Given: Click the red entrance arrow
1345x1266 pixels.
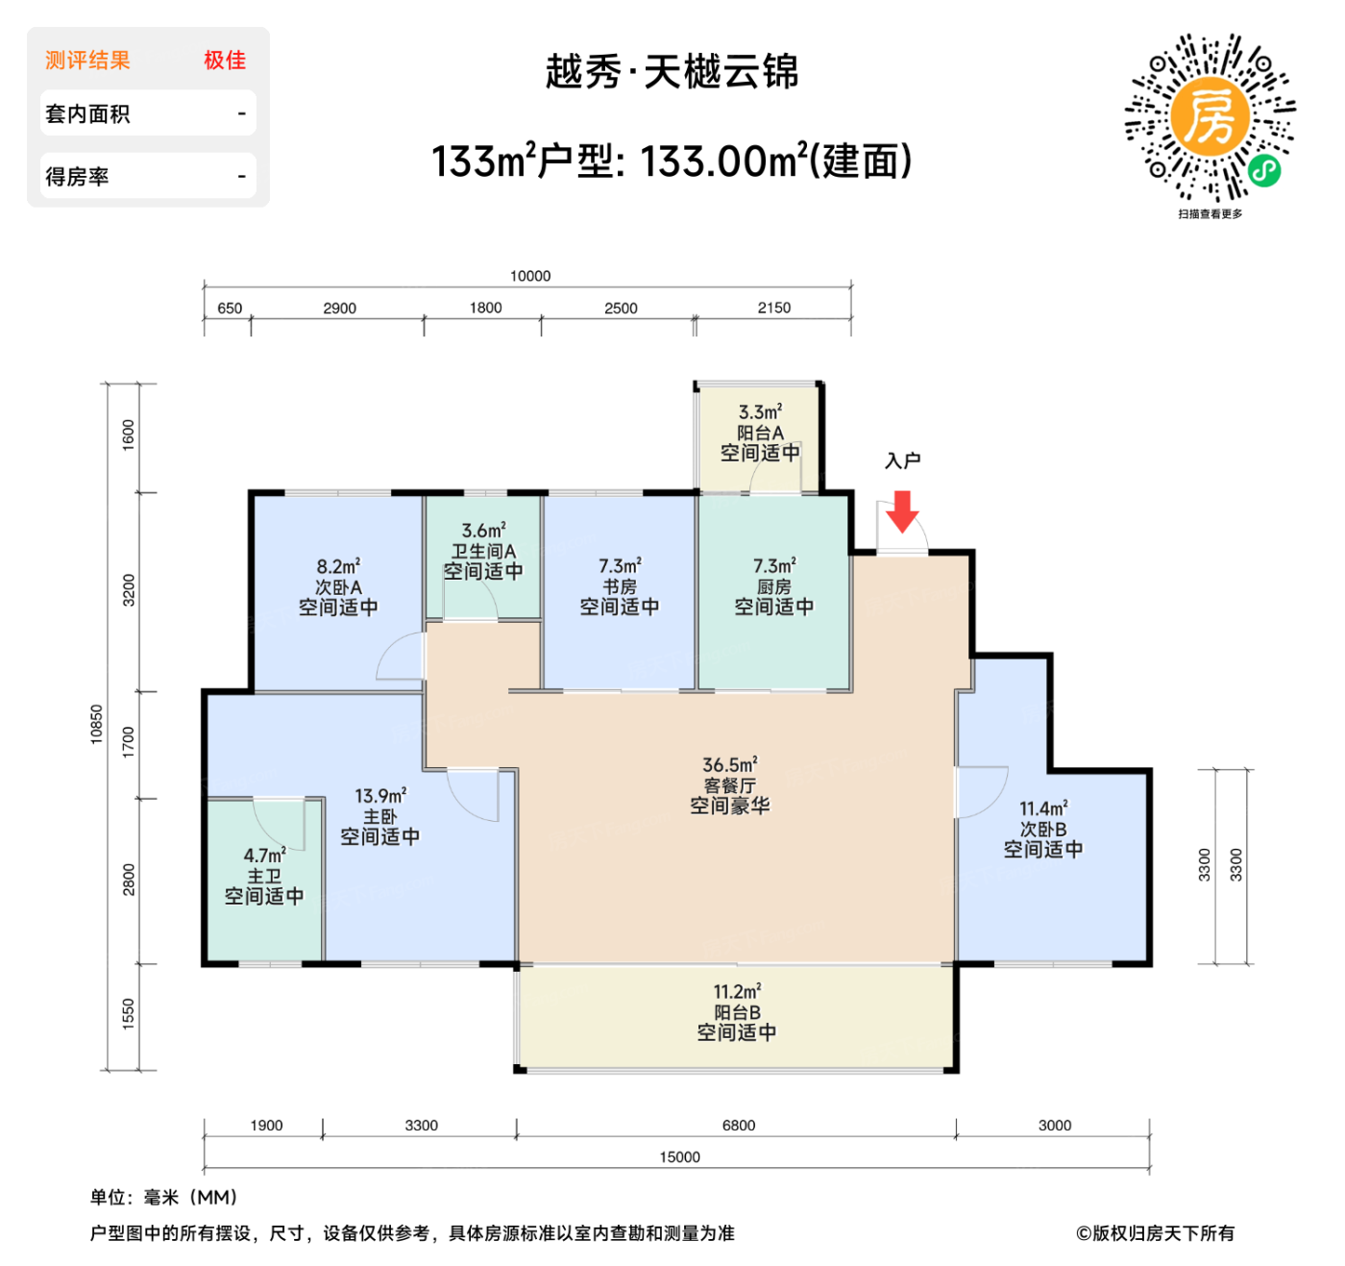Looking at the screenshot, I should (x=902, y=511).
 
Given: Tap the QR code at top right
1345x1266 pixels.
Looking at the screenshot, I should (x=1210, y=118).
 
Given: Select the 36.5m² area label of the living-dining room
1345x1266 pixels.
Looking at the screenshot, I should (x=730, y=765).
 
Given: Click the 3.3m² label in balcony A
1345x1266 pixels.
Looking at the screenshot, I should (x=760, y=412).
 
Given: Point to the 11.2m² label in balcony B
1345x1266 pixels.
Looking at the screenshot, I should (x=737, y=991).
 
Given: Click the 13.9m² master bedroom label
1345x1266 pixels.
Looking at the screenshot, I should (x=380, y=796).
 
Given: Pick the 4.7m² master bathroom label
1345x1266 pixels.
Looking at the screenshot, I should (x=264, y=856).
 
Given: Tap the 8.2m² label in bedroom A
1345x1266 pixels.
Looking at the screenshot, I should (x=338, y=567).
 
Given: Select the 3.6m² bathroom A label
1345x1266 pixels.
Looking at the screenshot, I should (x=483, y=531).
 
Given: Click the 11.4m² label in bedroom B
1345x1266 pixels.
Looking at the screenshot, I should (x=1043, y=808).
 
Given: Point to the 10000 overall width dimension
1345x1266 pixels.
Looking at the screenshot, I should (x=530, y=276).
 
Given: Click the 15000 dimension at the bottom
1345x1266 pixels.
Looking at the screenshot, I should (x=679, y=1157).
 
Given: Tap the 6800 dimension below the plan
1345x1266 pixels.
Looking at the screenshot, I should (x=739, y=1126).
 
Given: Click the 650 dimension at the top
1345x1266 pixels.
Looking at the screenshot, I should (x=230, y=309).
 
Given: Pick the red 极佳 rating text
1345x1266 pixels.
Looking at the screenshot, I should (x=225, y=61).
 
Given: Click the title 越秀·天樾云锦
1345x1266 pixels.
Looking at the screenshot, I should (x=672, y=72).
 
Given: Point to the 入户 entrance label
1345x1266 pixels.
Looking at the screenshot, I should (x=902, y=461).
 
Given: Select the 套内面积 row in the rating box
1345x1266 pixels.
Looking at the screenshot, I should (x=148, y=114).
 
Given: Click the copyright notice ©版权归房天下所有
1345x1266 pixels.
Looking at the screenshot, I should (x=1155, y=1233).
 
